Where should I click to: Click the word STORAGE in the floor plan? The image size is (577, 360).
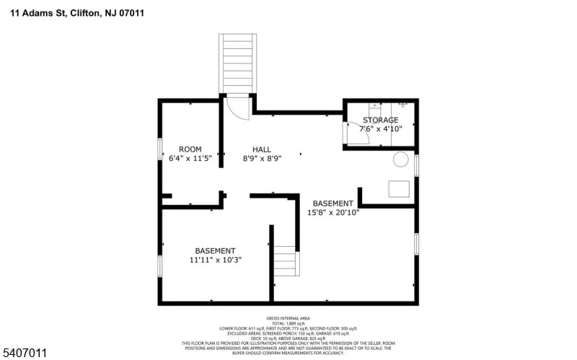380,120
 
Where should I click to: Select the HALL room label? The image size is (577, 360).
262,149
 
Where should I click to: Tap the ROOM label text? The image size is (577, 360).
190,149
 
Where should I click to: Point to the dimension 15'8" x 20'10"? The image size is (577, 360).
333,212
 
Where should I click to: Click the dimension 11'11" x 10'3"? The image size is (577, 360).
215,259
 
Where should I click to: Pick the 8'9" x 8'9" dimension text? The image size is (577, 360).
262,158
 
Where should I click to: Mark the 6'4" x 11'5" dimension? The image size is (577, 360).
190,158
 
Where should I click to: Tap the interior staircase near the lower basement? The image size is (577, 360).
285,261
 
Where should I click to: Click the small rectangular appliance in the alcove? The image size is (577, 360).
399,188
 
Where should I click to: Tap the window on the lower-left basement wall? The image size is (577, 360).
160,265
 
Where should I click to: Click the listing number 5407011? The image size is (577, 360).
25,352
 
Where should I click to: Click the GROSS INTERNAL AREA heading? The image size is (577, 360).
288,317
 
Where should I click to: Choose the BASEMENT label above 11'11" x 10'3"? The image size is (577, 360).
215,250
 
